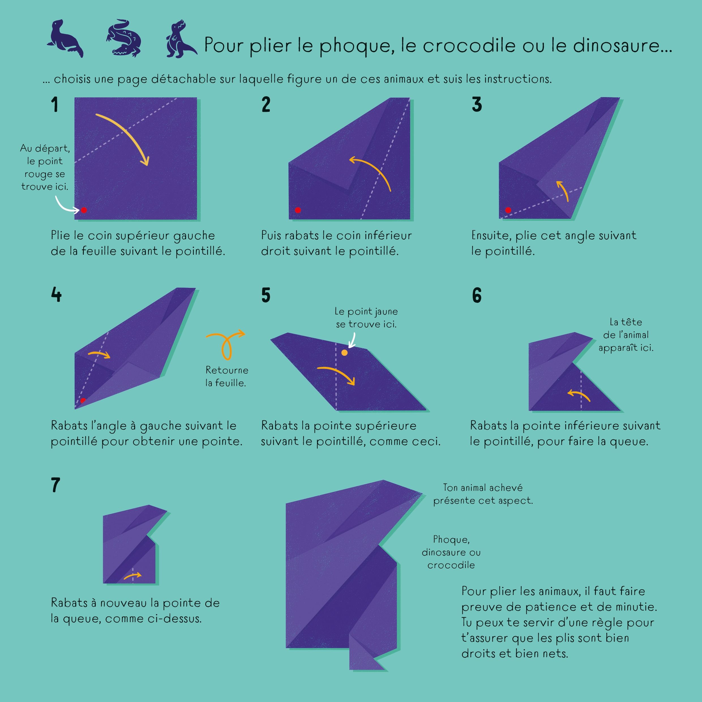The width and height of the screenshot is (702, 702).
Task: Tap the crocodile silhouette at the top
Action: [x=123, y=38]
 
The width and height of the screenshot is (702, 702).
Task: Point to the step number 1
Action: [x=55, y=105]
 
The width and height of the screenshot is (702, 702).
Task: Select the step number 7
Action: [x=55, y=485]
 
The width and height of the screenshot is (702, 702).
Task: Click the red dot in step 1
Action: [x=84, y=210]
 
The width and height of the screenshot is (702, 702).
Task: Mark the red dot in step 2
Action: [x=298, y=210]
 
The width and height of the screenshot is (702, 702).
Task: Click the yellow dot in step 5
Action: [x=344, y=352]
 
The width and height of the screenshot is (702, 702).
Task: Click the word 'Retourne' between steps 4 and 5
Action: [x=227, y=370]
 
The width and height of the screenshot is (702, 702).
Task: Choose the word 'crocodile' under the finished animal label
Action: [x=451, y=565]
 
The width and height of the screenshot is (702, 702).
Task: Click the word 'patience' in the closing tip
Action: [x=564, y=607]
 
